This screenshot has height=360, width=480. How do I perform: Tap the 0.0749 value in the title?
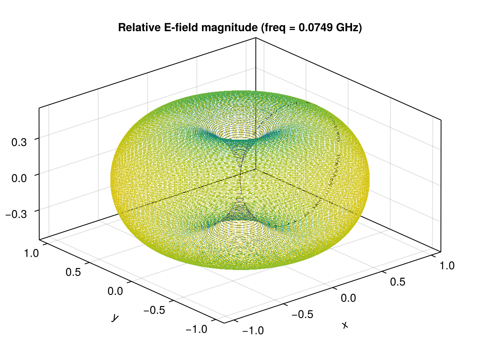pos(315,28)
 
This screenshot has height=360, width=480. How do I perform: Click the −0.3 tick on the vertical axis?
pos(17,214)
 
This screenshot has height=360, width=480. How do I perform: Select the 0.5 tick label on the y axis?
pos(74,272)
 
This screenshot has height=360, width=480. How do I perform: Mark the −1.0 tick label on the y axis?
pos(197,329)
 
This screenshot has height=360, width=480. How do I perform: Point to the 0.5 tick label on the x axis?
pos(400,282)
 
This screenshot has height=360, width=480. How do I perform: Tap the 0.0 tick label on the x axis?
pos(350,298)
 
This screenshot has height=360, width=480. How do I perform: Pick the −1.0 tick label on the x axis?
pos(253,331)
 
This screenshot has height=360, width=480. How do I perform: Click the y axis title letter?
pos(115,318)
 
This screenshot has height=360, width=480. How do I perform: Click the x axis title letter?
pos(345,326)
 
